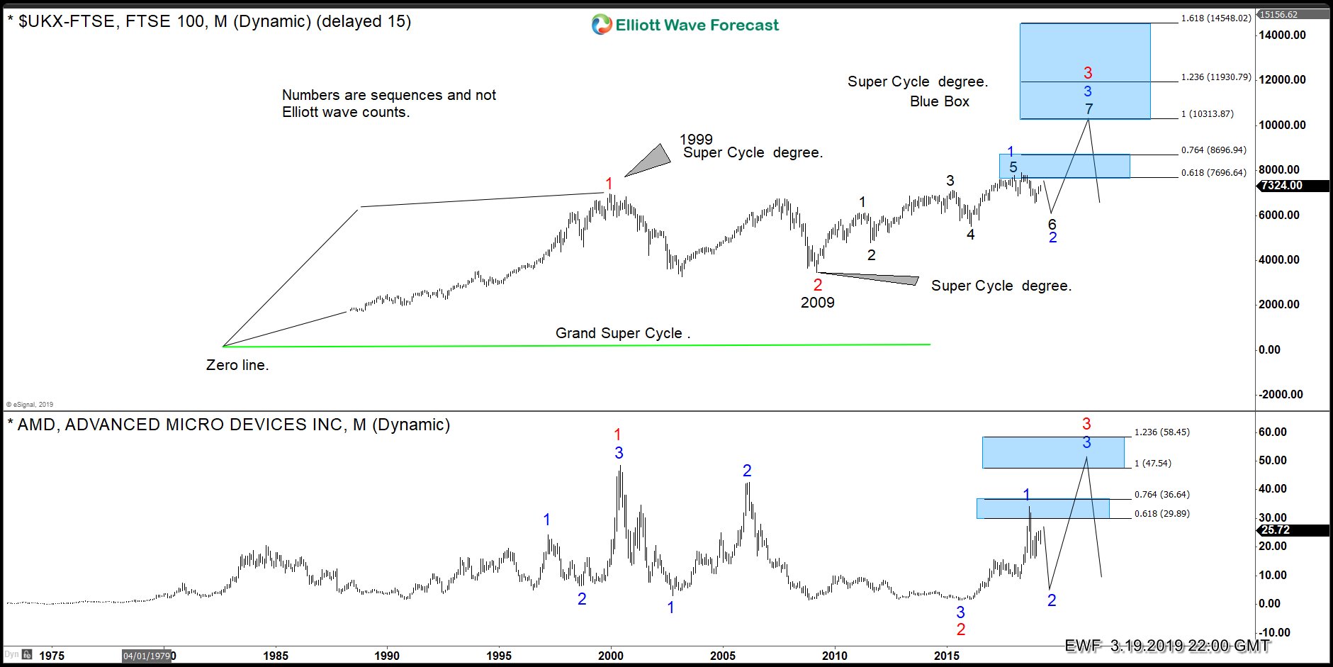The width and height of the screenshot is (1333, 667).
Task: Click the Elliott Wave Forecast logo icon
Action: tap(602, 25)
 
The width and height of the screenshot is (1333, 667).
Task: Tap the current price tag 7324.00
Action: tap(1282, 186)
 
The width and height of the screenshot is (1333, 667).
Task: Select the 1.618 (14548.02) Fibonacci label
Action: tap(1216, 18)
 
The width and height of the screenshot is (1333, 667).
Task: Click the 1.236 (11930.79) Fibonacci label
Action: tap(1216, 77)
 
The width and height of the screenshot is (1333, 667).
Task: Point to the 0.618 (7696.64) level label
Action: tap(1213, 173)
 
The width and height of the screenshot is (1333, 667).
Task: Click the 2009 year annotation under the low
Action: tap(818, 303)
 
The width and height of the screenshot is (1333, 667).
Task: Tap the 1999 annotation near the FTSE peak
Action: tap(696, 140)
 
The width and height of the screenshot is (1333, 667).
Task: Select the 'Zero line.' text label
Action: tap(237, 366)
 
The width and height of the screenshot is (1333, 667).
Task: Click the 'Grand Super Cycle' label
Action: tap(622, 333)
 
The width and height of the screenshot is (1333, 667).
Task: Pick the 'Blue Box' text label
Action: tap(939, 101)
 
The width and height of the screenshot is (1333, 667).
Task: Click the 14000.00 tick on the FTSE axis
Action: tap(1282, 35)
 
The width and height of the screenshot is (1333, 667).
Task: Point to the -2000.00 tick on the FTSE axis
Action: tap(1280, 395)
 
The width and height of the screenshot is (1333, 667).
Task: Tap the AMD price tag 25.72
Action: tap(1276, 530)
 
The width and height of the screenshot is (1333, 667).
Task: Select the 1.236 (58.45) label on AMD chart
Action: tap(1162, 432)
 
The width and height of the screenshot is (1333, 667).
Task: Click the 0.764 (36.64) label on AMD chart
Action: tap(1162, 495)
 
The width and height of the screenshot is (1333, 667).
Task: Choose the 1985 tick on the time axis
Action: tap(276, 656)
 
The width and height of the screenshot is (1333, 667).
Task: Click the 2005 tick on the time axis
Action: tap(723, 656)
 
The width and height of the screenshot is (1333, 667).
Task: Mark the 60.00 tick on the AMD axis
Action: tap(1272, 432)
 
